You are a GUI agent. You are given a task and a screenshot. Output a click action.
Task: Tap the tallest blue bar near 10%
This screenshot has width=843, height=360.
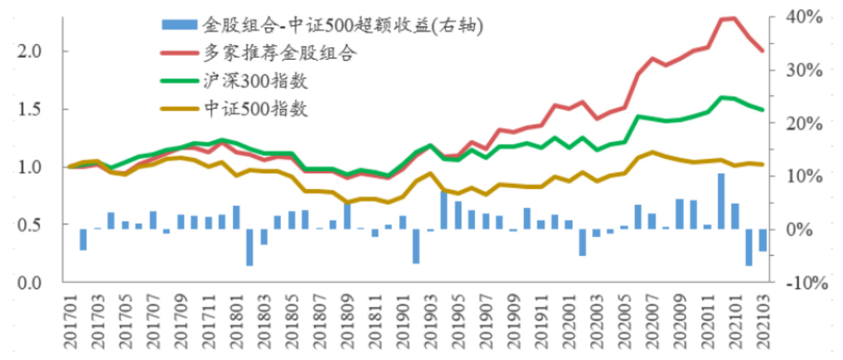[721, 201]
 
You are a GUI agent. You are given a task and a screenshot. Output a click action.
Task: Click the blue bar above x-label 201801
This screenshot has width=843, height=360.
[237, 217]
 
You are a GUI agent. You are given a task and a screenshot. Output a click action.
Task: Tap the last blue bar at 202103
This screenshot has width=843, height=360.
[763, 240]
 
